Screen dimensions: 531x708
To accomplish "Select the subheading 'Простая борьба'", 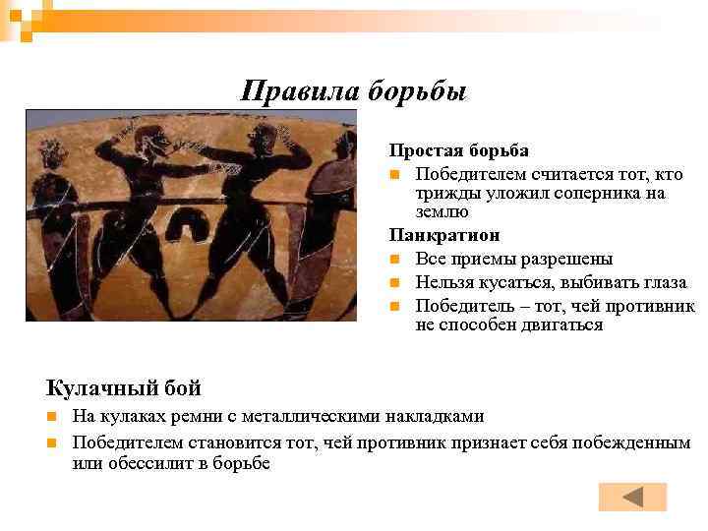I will pos(458,150).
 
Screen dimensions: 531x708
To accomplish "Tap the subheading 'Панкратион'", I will pos(443,235).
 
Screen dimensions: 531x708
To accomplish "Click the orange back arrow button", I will pos(632,498).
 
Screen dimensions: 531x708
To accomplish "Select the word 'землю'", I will pos(442,211).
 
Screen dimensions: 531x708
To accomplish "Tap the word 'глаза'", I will pos(663,282).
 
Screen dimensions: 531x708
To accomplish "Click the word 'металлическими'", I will pos(313,416).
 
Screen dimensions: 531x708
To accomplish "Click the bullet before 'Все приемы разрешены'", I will pos(393,260).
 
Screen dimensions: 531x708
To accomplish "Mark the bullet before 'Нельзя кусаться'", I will pos(393,283).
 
